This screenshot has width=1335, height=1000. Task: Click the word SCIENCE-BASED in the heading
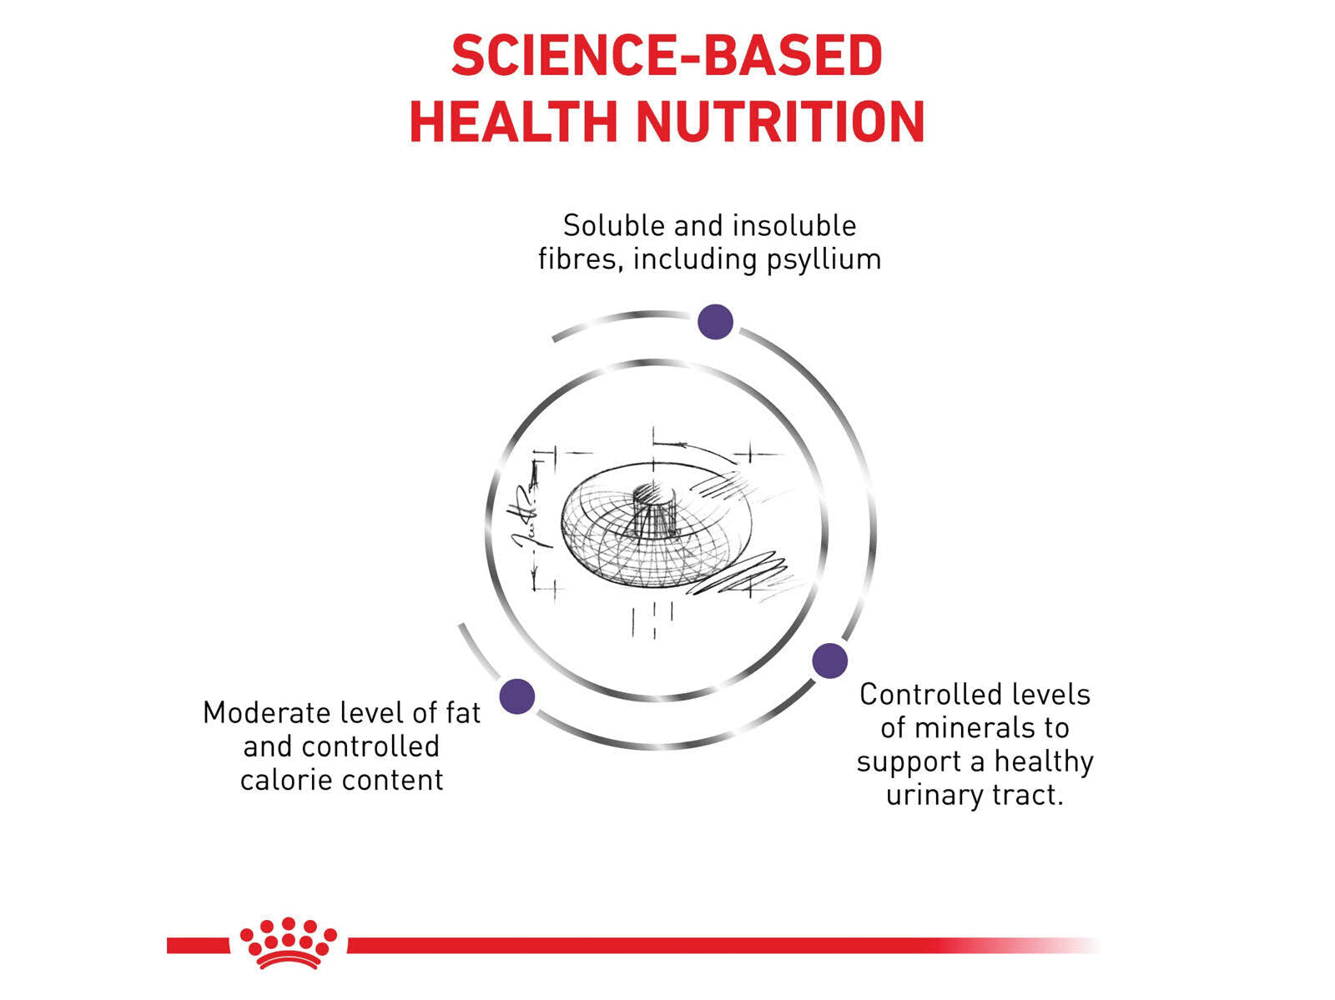(x=667, y=55)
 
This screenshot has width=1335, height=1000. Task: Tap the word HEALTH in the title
(x=514, y=122)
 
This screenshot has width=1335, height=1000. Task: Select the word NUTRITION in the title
(x=780, y=122)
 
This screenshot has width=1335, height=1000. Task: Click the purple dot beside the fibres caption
(x=715, y=322)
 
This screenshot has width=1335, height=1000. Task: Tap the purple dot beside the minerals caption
(x=829, y=661)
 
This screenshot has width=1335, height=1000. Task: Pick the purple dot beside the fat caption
(x=517, y=696)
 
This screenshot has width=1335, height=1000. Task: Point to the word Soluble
(x=614, y=225)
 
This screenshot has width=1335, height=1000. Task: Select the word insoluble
(x=794, y=225)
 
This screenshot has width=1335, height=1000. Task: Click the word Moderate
(x=268, y=713)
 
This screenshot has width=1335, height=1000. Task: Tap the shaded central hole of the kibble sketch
(x=654, y=495)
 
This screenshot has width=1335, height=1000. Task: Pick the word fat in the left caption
(x=463, y=713)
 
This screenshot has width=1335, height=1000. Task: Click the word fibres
(x=581, y=259)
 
